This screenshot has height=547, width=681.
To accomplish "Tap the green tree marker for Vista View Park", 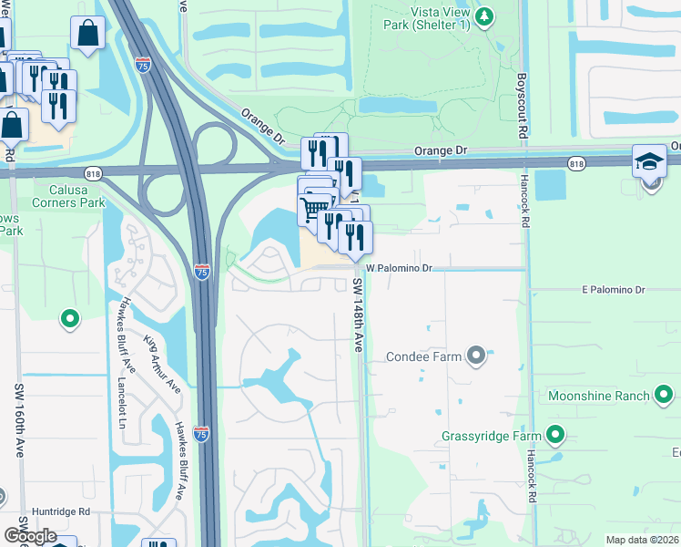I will pyautogui.click(x=485, y=15).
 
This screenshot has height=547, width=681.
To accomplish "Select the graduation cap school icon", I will pyautogui.click(x=650, y=161).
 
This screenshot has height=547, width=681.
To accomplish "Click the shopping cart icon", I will pyautogui.click(x=313, y=210).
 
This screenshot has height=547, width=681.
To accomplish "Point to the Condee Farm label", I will pyautogui.click(x=424, y=356).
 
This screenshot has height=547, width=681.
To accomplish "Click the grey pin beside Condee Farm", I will pyautogui.click(x=476, y=356).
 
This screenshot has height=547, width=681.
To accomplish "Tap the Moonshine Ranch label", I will pyautogui.click(x=598, y=396).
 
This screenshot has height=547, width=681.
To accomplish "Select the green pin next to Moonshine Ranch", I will pyautogui.click(x=665, y=395).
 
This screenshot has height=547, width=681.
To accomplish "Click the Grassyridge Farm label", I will pyautogui.click(x=492, y=436).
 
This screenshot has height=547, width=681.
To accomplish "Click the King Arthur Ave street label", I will pyautogui.click(x=162, y=364).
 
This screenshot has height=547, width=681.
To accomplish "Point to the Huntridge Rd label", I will pyautogui.click(x=61, y=511).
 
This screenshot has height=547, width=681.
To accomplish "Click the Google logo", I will pyautogui.click(x=29, y=536).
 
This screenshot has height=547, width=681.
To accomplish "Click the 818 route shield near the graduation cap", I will pyautogui.click(x=575, y=163).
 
